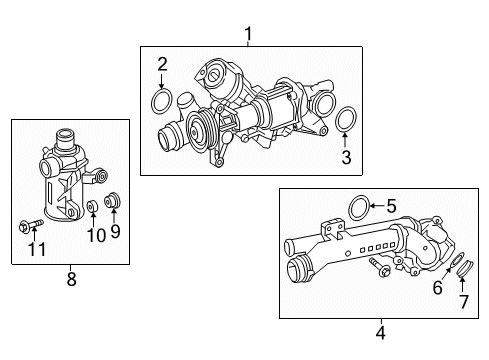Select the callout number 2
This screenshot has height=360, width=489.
coord(161,65)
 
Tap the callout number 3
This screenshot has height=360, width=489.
coord(346,157)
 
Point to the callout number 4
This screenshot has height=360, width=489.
coord(379,330)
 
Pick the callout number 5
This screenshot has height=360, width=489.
coord(391,207)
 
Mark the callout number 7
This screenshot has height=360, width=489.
coord(463,301)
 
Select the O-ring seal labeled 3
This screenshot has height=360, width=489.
coord(346,120)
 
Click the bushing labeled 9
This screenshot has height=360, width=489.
coord(112,202)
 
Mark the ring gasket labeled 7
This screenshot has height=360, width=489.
coord(463,268)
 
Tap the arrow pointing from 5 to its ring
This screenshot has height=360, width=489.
coord(376,207)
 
